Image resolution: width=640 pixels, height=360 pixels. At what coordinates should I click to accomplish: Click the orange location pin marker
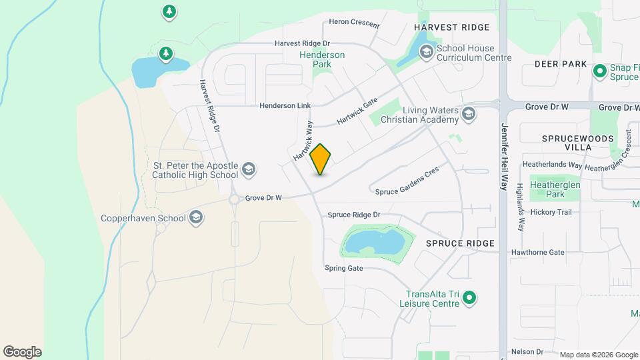(321, 159)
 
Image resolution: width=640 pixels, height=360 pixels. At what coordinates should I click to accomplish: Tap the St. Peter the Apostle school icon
(249, 169)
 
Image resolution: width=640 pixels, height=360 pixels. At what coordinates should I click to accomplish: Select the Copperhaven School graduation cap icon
(196, 217)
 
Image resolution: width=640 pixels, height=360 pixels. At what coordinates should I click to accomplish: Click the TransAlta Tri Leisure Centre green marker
(469, 298)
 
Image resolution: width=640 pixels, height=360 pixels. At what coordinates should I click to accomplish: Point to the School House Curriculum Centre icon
(425, 51)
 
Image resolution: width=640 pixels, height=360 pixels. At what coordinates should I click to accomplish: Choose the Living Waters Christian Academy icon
(469, 115)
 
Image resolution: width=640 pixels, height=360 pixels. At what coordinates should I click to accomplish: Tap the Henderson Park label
(323, 59)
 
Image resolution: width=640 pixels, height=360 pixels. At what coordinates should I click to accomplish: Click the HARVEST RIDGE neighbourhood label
(451, 27)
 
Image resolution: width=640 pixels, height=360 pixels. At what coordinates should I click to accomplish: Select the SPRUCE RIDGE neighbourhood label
(460, 243)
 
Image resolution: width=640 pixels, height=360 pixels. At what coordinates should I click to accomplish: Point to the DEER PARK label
(561, 64)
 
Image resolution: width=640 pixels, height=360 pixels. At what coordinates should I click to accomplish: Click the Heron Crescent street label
(354, 23)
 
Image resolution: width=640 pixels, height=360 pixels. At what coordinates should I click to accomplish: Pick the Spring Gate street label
(343, 268)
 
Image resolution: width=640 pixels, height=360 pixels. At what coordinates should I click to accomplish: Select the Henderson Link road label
(285, 106)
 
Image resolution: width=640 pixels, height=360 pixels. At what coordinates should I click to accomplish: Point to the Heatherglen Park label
(555, 189)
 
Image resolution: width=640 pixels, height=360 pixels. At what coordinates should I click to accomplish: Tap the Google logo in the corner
(22, 352)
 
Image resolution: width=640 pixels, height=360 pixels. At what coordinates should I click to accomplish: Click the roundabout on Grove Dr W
(234, 199)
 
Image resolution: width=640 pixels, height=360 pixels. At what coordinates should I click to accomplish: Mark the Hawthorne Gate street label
(537, 253)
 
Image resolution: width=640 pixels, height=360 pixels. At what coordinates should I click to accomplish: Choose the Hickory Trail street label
(551, 212)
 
